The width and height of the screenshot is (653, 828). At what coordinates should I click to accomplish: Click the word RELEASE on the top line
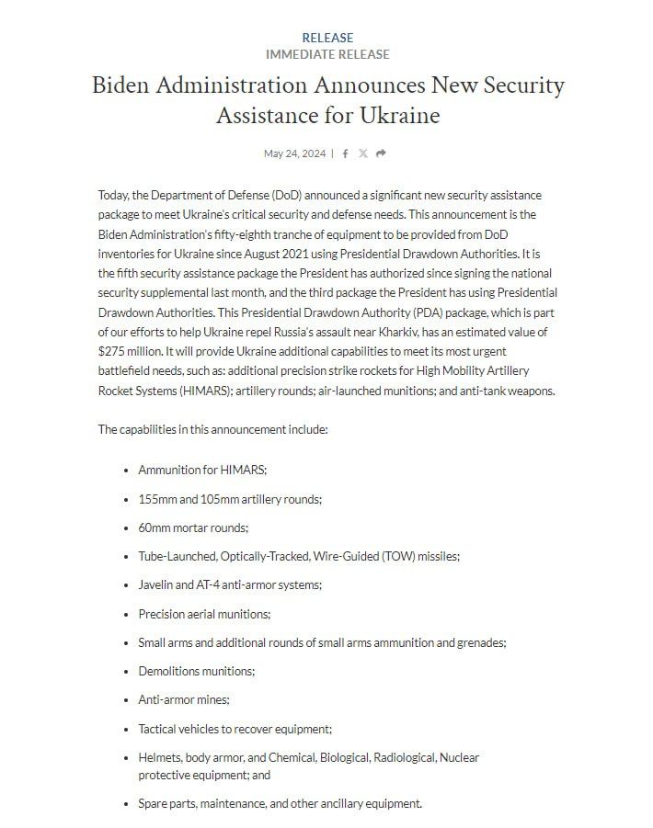point(327,38)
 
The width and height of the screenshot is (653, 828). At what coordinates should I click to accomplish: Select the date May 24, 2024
point(294,153)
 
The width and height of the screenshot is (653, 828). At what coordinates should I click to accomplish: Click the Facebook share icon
point(345,153)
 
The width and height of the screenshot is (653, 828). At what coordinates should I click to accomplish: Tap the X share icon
point(362,153)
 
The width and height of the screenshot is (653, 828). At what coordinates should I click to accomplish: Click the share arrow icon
point(381,153)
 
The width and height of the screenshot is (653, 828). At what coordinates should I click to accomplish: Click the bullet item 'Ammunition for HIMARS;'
point(202,470)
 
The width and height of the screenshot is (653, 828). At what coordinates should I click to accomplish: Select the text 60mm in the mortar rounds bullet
point(154,527)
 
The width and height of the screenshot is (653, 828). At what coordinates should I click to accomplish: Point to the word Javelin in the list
point(157,584)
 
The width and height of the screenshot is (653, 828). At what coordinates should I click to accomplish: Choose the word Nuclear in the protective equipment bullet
point(459,757)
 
